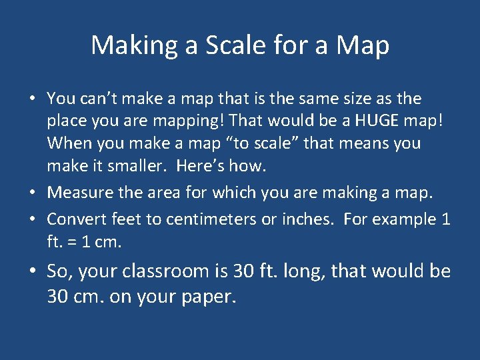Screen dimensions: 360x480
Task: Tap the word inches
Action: coord(309,219)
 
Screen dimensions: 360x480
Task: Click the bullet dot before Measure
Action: coord(31,193)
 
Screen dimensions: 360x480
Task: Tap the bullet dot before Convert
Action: coord(31,219)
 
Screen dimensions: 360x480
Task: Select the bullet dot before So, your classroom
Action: coord(31,272)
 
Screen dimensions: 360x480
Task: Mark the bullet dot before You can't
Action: coord(31,99)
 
